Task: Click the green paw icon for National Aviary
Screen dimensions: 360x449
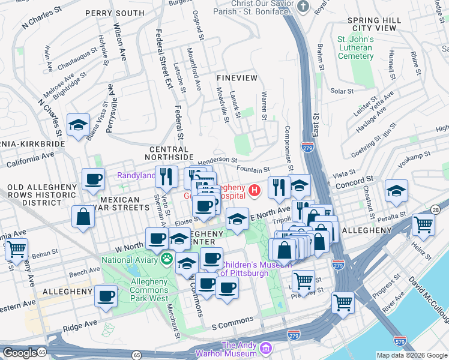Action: (x=167, y=260)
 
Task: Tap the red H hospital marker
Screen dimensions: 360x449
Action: (x=255, y=191)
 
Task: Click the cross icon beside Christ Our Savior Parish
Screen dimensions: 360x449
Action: (x=304, y=7)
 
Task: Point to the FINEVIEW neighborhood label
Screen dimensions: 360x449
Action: (x=237, y=79)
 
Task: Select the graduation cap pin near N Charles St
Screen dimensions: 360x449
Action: (x=78, y=125)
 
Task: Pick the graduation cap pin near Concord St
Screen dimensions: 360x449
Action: (x=396, y=191)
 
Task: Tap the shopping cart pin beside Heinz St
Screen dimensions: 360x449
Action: (x=424, y=226)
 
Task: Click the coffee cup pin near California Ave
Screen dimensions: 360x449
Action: (x=93, y=179)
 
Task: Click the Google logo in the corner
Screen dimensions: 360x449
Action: (x=19, y=352)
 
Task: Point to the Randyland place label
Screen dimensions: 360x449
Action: (x=136, y=176)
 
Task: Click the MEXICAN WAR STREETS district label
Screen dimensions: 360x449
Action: (x=125, y=203)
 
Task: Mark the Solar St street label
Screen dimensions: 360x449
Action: (x=342, y=91)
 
